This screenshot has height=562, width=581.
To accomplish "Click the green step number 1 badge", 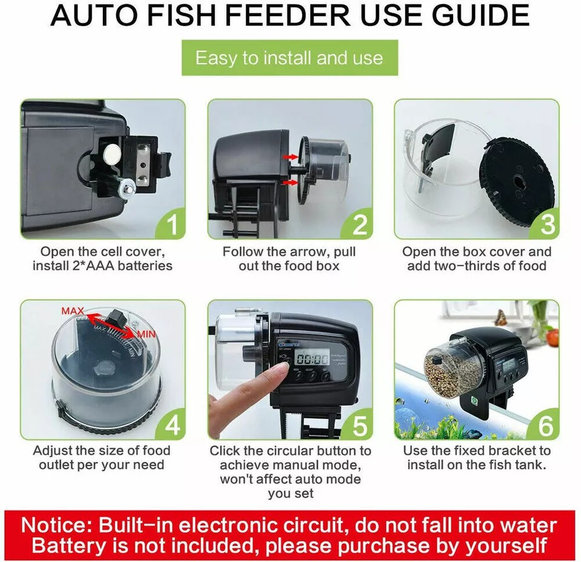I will (172, 225).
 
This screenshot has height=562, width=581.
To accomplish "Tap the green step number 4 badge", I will (172, 426).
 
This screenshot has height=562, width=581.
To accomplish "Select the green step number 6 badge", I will (545, 426).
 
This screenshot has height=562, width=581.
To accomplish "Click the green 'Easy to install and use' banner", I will (289, 58).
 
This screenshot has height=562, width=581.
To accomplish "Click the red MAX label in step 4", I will (73, 311).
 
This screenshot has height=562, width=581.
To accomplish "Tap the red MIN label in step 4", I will (146, 334).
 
